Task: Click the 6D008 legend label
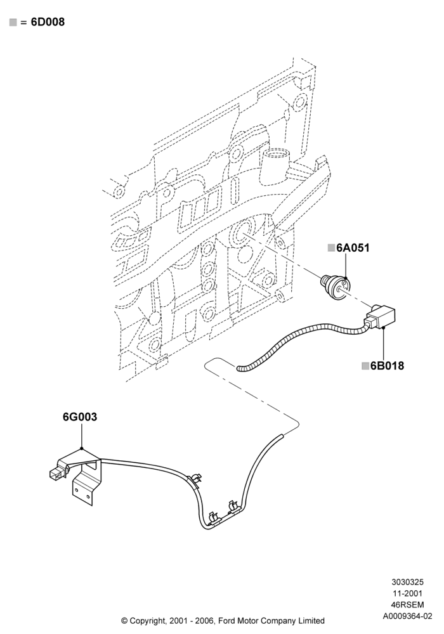(48, 22)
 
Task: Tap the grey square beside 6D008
(13, 22)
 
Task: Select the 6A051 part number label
(353, 247)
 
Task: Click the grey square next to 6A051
(332, 247)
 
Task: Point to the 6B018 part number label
(387, 366)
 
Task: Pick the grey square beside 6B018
(365, 366)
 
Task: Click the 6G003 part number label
(80, 417)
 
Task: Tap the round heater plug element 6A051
(336, 287)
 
